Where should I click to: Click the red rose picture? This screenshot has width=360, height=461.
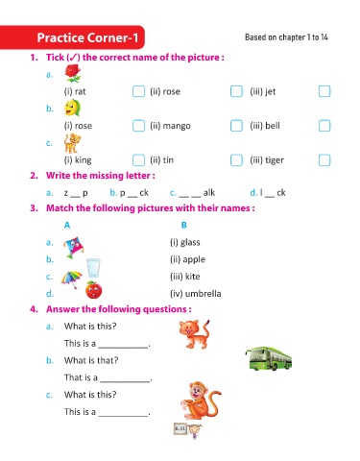coord(73,73)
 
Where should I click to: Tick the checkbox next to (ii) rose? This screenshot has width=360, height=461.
coord(236,91)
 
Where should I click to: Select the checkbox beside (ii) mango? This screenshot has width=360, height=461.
coord(236,126)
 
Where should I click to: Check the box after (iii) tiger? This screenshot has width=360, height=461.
coord(324,159)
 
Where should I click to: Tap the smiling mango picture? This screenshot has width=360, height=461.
coord(72,108)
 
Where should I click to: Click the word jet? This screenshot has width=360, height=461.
coord(271,92)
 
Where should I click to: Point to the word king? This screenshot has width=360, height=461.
coord(84,160)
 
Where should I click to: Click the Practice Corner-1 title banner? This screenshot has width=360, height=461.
coord(72,37)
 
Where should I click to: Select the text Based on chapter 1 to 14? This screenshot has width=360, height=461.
coord(286,37)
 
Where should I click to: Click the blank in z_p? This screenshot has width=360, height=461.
coord(76,196)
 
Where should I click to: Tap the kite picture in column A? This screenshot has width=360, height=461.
coord(74,247)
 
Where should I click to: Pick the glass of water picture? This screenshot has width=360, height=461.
coord(93,268)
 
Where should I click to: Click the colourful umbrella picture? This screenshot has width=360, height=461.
coord(71,279)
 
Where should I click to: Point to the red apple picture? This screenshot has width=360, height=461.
coord(93,290)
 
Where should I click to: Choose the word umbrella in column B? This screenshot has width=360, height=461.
coord(204,294)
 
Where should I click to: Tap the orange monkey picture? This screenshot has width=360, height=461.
coord(201,400)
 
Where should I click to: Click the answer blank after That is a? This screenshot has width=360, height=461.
coord(125,381)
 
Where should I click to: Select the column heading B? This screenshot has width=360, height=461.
coord(184,225)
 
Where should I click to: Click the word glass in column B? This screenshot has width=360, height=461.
coord(190,243)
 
